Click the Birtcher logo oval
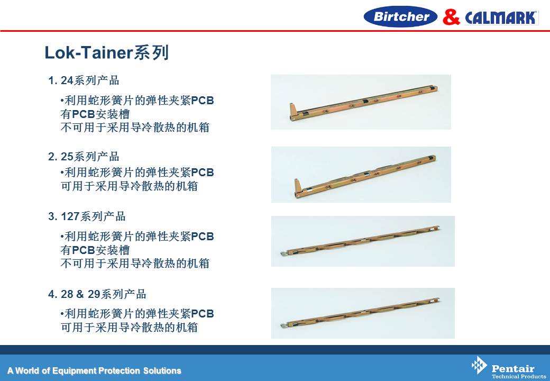click(x=400, y=16)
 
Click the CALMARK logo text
click(x=501, y=17)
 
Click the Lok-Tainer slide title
click(x=107, y=52)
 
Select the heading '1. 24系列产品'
click(x=84, y=80)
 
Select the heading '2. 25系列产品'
click(x=84, y=157)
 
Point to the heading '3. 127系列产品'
click(x=87, y=216)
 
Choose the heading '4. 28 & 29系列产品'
click(x=97, y=294)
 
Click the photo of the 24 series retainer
click(x=361, y=102)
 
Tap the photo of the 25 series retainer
click(x=361, y=175)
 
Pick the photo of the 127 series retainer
click(x=363, y=241)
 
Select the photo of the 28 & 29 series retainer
click(x=363, y=313)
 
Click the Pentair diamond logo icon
click(x=479, y=365)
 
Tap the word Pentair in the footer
click(x=513, y=369)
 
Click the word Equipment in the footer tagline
click(x=74, y=371)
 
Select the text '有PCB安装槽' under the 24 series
click(x=95, y=114)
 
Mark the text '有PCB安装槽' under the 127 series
click(x=95, y=250)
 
